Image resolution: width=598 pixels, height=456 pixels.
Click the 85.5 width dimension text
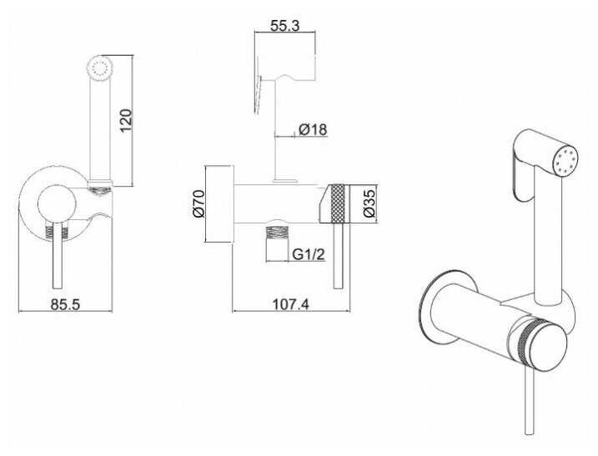(x=65, y=305)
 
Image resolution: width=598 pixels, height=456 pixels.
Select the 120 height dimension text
(x=126, y=120)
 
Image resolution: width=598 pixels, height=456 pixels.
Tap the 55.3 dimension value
(x=286, y=26)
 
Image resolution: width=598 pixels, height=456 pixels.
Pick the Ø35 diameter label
(x=369, y=203)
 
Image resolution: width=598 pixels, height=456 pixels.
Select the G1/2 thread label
(x=308, y=255)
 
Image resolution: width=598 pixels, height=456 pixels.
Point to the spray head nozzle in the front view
(x=100, y=69)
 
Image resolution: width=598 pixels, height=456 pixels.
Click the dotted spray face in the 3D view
(x=566, y=161)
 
